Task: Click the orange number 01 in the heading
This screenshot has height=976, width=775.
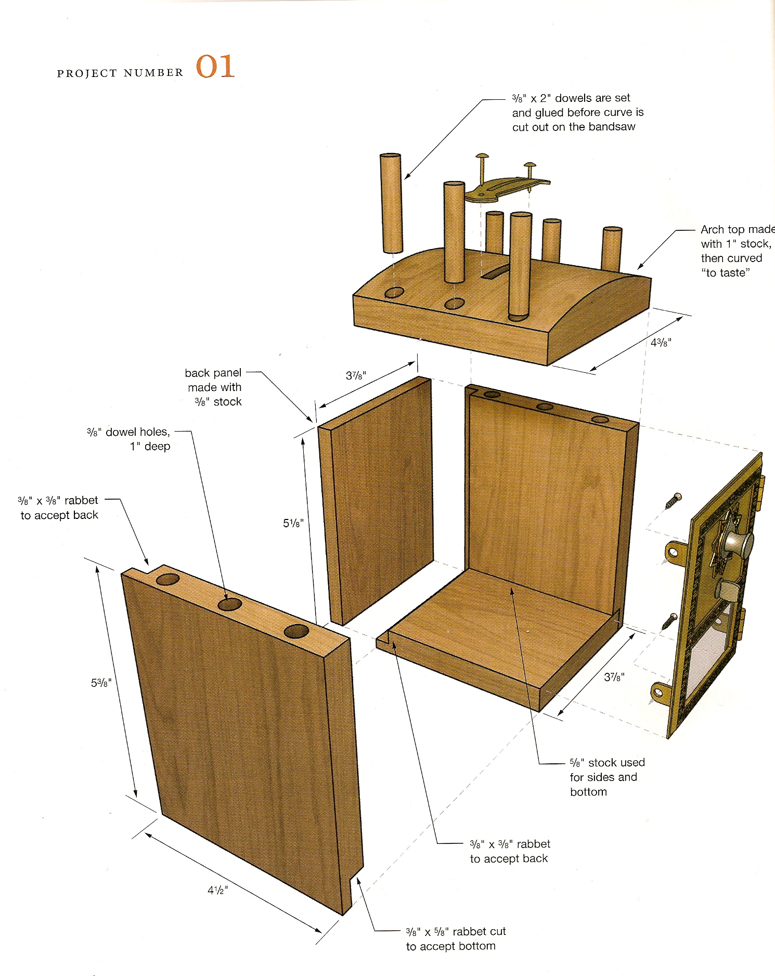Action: click(215, 68)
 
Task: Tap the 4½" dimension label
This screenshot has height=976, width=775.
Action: click(217, 890)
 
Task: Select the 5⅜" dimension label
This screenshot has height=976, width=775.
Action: click(101, 683)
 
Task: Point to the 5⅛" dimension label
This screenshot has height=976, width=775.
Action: click(293, 523)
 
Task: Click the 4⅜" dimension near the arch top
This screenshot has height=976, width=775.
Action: click(661, 343)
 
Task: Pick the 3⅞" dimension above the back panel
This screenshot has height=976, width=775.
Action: click(356, 375)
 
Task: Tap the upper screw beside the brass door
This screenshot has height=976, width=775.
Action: click(672, 501)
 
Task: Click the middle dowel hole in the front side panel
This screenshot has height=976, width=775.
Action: click(230, 604)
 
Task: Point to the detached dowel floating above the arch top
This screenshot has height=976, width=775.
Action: click(391, 203)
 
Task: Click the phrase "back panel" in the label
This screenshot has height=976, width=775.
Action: click(213, 373)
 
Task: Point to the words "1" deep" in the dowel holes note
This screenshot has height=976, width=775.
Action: click(150, 446)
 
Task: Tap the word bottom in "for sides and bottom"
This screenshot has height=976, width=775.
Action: click(588, 792)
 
